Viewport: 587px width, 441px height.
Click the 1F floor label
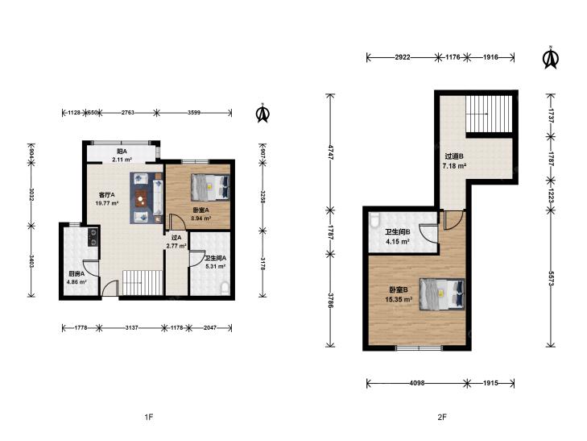coord(149,417)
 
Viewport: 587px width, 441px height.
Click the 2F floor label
coord(442,417)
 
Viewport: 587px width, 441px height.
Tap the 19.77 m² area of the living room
coord(107,203)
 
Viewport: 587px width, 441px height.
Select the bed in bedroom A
coord(210,187)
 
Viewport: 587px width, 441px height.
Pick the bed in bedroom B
coord(442,294)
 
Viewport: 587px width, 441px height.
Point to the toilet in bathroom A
coord(225,288)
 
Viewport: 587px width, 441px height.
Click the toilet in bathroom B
coord(374,220)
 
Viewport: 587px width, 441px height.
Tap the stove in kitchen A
coord(93,237)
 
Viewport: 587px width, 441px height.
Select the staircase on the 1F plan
coord(143,282)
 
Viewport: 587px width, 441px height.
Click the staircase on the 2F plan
coord(489,114)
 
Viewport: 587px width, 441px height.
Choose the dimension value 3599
coord(194,112)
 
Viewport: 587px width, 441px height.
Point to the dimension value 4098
coord(416,383)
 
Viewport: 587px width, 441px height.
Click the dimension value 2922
coord(403,57)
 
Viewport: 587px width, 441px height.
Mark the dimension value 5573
coord(550,279)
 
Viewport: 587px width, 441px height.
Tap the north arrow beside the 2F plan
coord(550,58)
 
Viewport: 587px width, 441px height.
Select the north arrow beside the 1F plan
coord(262,113)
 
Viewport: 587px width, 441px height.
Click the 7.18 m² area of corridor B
coord(454,165)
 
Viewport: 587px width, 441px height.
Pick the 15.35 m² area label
coord(399,299)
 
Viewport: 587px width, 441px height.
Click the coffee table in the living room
coord(141,198)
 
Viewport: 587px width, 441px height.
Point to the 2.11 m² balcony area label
coord(122,160)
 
